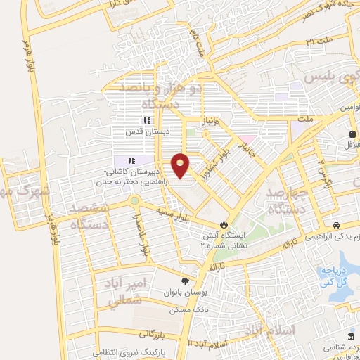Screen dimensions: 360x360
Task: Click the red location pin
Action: click(181, 165)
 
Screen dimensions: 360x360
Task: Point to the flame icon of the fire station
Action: click(224, 224)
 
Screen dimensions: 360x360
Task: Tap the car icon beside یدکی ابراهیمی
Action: click(338, 226)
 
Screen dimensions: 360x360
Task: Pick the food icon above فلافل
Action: click(351, 134)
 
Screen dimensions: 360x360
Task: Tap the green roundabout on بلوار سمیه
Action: click(134, 202)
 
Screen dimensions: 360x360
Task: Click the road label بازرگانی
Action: click(154, 333)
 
